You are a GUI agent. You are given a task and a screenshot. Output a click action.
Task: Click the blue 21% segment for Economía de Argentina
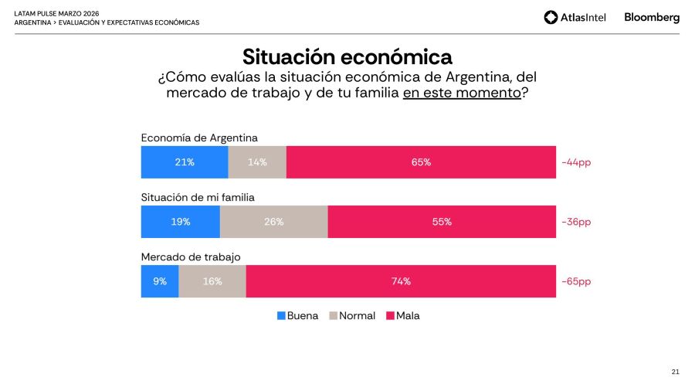(x=185, y=162)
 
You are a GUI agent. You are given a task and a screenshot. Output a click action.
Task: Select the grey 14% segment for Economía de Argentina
(x=257, y=162)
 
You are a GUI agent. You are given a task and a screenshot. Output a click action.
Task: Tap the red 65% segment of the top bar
(x=421, y=162)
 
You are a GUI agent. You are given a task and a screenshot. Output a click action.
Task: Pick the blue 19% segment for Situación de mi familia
(x=181, y=222)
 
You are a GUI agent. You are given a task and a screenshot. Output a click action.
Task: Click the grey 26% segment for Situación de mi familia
(x=274, y=222)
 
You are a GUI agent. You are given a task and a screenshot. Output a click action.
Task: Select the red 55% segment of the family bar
(x=442, y=222)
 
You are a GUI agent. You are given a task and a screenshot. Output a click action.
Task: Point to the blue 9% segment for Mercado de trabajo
(x=160, y=281)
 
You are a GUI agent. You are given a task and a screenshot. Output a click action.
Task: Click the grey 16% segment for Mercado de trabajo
(x=212, y=281)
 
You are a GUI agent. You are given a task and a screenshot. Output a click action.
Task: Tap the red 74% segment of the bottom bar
(x=401, y=281)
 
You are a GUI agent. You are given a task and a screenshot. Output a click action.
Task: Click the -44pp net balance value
(x=576, y=162)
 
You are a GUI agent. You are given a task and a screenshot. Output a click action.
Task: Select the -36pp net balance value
(x=576, y=222)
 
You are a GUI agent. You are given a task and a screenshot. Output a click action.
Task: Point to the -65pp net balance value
(x=576, y=281)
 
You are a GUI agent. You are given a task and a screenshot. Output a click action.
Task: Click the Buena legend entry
(x=297, y=316)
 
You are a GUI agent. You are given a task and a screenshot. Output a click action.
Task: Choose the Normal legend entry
(x=352, y=316)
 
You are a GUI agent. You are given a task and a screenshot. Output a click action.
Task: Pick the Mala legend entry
(x=403, y=316)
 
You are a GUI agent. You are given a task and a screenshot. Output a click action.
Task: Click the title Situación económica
(x=347, y=57)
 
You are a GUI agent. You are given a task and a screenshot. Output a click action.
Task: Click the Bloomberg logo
(x=652, y=17)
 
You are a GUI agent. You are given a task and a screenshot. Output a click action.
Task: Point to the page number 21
(x=675, y=372)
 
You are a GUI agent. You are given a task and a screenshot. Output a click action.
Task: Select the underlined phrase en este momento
(x=461, y=93)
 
